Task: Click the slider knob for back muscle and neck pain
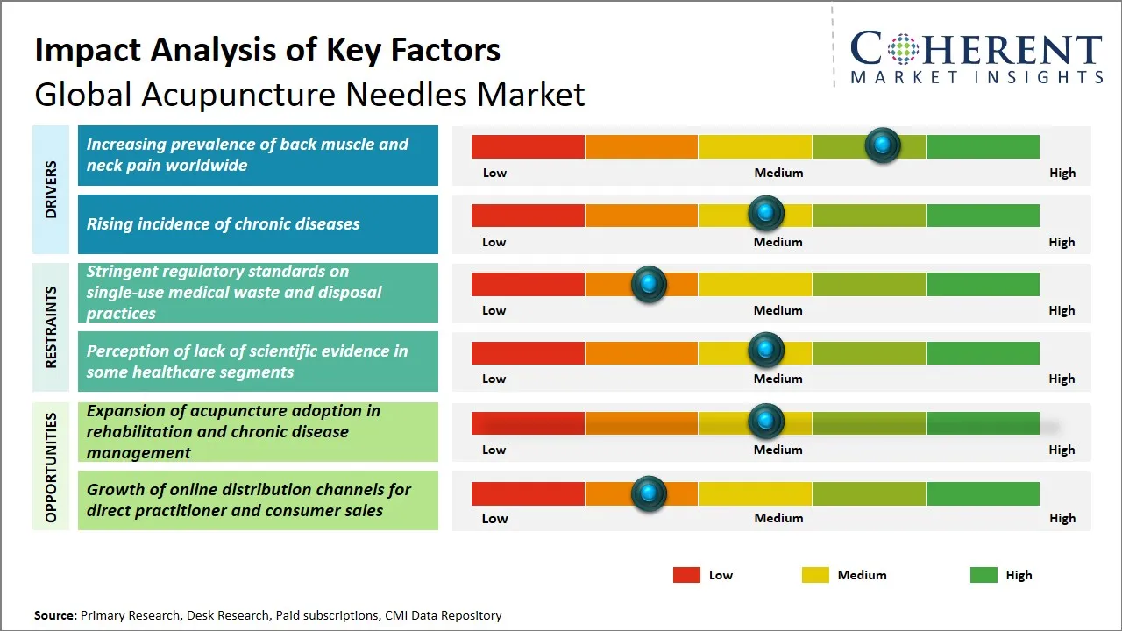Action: pos(883,145)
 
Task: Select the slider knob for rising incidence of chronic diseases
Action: pos(766,213)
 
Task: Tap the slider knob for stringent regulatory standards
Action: pos(649,283)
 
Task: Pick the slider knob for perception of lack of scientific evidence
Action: pos(766,351)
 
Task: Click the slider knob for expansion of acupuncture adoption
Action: pos(766,422)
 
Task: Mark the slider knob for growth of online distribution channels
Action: pos(649,493)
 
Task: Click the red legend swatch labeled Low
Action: pos(686,575)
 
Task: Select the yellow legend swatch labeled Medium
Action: pos(815,575)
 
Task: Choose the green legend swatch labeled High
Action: pos(984,575)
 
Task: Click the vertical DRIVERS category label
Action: pos(51,189)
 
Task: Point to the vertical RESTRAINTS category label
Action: pos(51,327)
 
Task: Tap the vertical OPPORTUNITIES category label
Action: pos(51,467)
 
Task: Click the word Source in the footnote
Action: pos(55,615)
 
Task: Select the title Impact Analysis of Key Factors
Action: pos(267,51)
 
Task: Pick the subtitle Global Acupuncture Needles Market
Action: pos(309,94)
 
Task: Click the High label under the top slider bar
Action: pos(1062,173)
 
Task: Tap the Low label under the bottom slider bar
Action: pos(494,518)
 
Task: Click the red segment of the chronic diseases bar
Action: pos(528,216)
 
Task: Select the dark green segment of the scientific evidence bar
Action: pos(982,353)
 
